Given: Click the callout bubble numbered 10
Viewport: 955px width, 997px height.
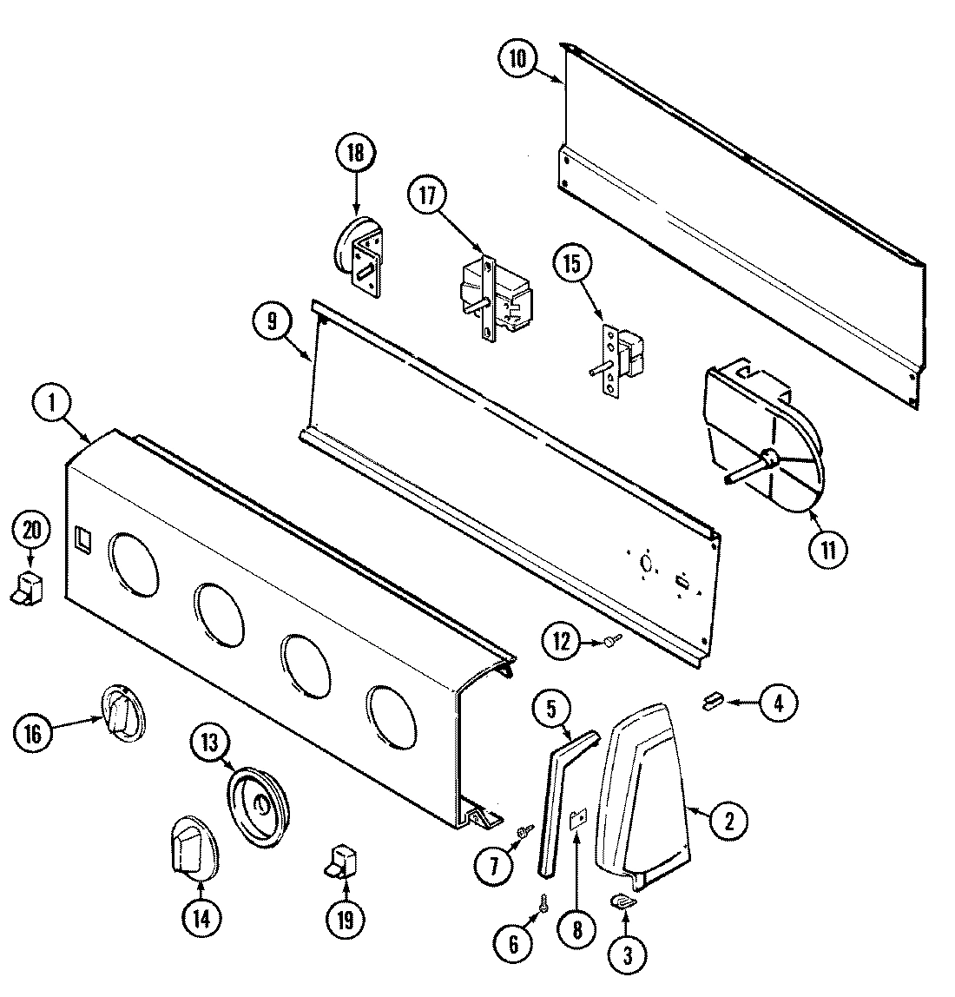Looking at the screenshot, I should [x=518, y=58].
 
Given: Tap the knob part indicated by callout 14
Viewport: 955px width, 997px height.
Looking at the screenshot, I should [x=188, y=842].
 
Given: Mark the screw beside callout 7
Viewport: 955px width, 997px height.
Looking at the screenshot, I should [x=524, y=832].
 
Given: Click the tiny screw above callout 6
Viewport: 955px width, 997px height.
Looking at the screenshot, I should [x=543, y=904].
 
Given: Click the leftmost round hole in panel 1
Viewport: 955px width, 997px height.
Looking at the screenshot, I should [x=133, y=563].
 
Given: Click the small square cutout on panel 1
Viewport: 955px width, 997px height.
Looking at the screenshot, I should [x=82, y=538].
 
